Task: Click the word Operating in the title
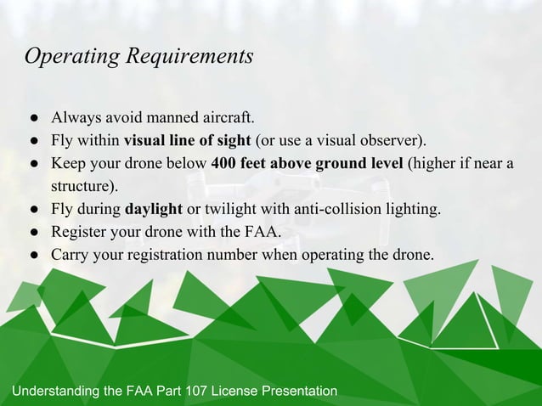(72, 57)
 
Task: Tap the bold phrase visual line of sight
(188, 139)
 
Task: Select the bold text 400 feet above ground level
(307, 163)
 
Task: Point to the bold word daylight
(154, 209)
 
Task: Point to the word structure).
(84, 186)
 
